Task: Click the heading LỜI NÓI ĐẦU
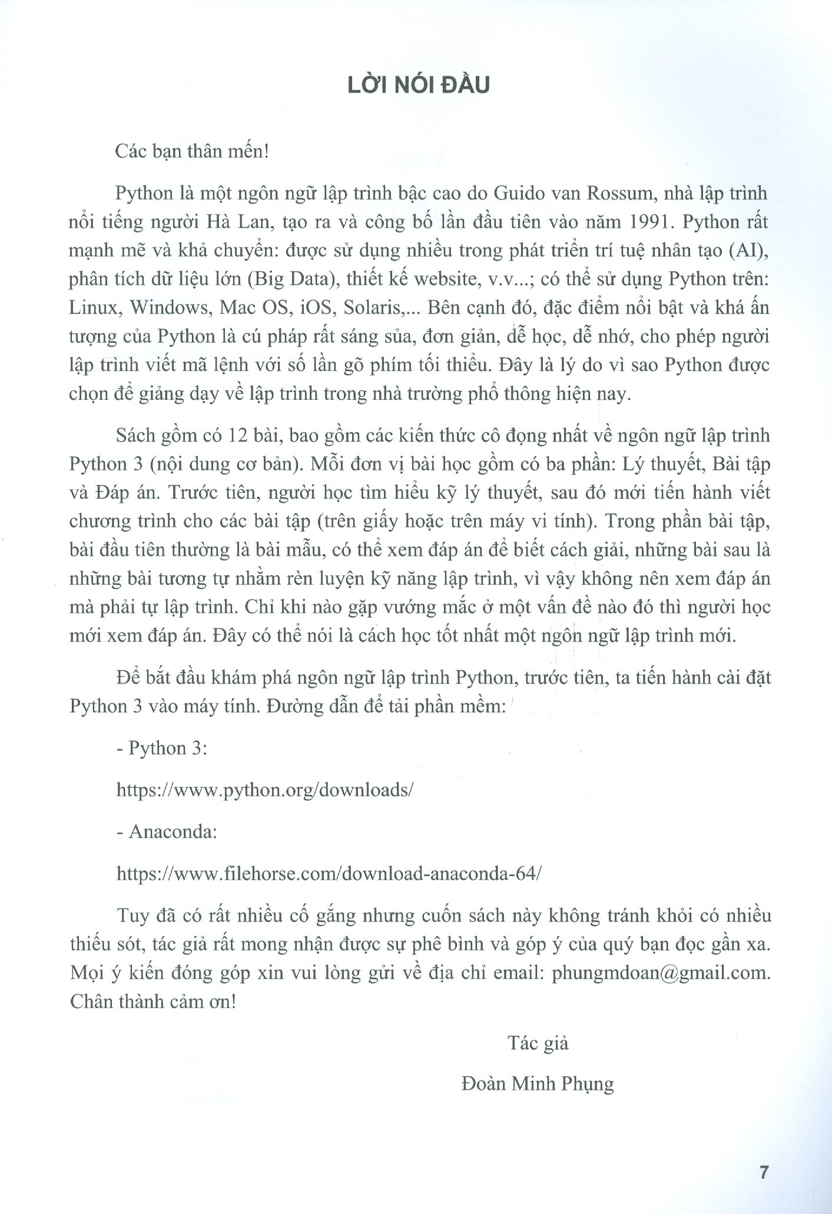coord(418,85)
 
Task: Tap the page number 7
coord(764,1172)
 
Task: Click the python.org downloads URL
coord(265,790)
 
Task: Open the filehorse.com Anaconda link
coord(329,874)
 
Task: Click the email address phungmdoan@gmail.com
coord(659,973)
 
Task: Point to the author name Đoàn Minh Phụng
coord(538,1084)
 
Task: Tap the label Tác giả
coord(538,1043)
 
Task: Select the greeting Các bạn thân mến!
coord(193,152)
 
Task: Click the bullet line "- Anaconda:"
coord(167,832)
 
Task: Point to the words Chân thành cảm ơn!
coord(153,1001)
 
